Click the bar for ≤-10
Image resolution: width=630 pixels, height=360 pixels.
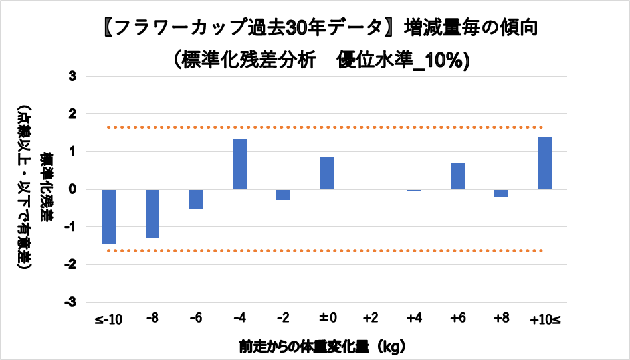tap(108, 217)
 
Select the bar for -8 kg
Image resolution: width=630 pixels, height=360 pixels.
tap(152, 213)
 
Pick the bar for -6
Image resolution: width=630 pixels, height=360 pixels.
tap(195, 199)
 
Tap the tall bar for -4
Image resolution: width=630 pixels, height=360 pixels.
tap(239, 165)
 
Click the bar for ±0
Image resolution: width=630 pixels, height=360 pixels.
tap(326, 173)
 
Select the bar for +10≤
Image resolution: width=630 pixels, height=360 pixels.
tap(545, 163)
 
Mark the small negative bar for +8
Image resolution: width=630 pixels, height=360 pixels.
tap(501, 193)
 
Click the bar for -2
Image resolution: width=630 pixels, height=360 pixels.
tap(283, 195)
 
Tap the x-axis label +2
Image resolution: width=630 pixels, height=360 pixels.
tap(370, 319)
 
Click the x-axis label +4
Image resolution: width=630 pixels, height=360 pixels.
tap(414, 319)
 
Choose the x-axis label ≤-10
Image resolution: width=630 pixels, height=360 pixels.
tap(108, 319)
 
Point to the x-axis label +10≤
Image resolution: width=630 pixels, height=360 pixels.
tap(545, 319)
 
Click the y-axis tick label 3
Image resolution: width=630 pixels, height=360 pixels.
tap(72, 76)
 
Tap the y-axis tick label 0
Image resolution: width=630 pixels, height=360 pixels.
tap(72, 189)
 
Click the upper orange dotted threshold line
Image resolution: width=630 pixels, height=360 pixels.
tap(326, 127)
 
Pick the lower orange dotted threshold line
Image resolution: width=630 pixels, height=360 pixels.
tap(326, 251)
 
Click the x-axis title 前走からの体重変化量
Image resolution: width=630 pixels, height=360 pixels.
tap(299, 346)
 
